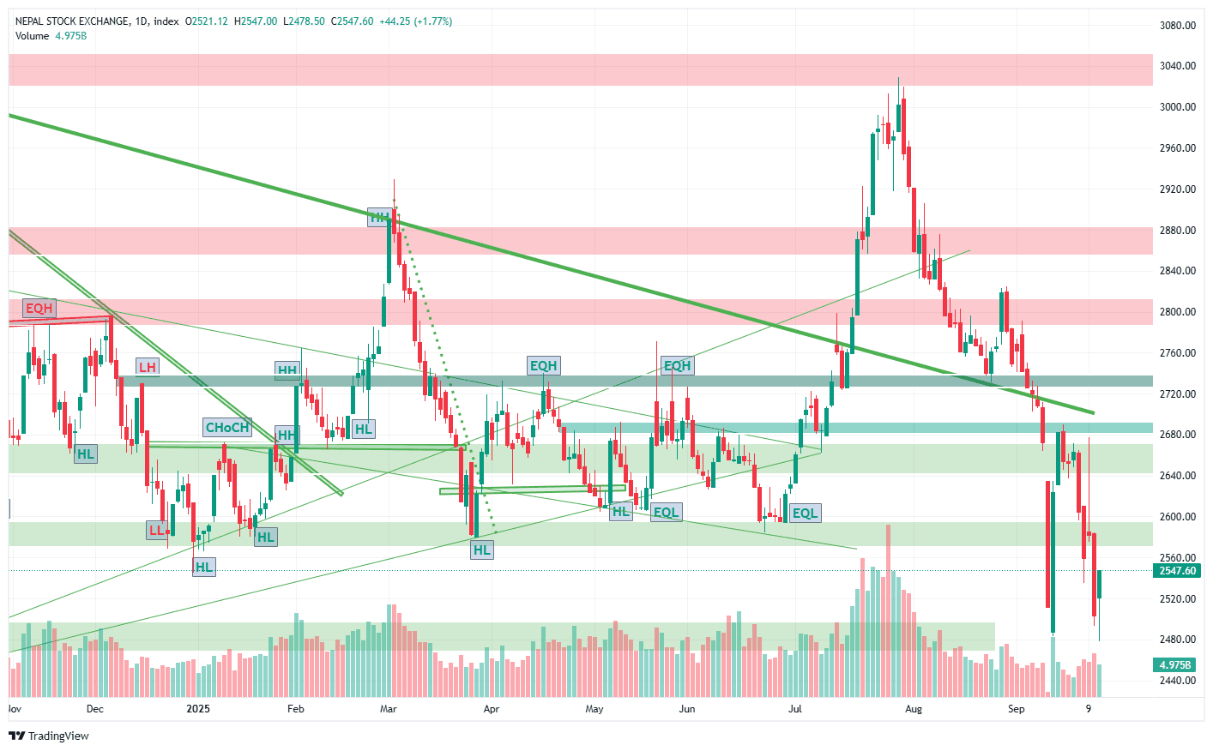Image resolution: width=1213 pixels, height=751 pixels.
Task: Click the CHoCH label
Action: [x=226, y=427]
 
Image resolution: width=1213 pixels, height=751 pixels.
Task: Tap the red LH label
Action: [x=148, y=367]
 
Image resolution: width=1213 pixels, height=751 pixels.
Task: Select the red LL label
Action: [x=156, y=530]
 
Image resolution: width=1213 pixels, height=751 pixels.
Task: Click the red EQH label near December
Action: [x=39, y=309]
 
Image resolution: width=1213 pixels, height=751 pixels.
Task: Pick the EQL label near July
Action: [x=805, y=513]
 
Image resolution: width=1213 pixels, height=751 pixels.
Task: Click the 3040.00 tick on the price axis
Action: [x=1177, y=66]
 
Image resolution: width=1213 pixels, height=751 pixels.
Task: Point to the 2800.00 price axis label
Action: [x=1177, y=312]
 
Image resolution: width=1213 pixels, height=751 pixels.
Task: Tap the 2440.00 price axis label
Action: [x=1177, y=681]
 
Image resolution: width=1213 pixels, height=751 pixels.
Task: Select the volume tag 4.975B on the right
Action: [x=1174, y=665]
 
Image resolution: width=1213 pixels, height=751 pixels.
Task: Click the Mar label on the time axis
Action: [x=388, y=709]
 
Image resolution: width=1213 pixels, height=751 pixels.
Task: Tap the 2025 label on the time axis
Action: [x=198, y=709]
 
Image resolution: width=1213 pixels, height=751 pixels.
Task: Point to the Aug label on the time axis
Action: [x=914, y=709]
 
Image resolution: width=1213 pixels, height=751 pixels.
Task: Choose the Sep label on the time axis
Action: [x=1017, y=709]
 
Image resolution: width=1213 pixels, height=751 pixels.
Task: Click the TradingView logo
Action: [x=49, y=736]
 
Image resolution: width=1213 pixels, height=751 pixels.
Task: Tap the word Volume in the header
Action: [x=33, y=36]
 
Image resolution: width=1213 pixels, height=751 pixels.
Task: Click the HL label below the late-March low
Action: [x=482, y=550]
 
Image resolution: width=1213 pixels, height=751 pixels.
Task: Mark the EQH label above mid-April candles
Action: [x=543, y=366]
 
